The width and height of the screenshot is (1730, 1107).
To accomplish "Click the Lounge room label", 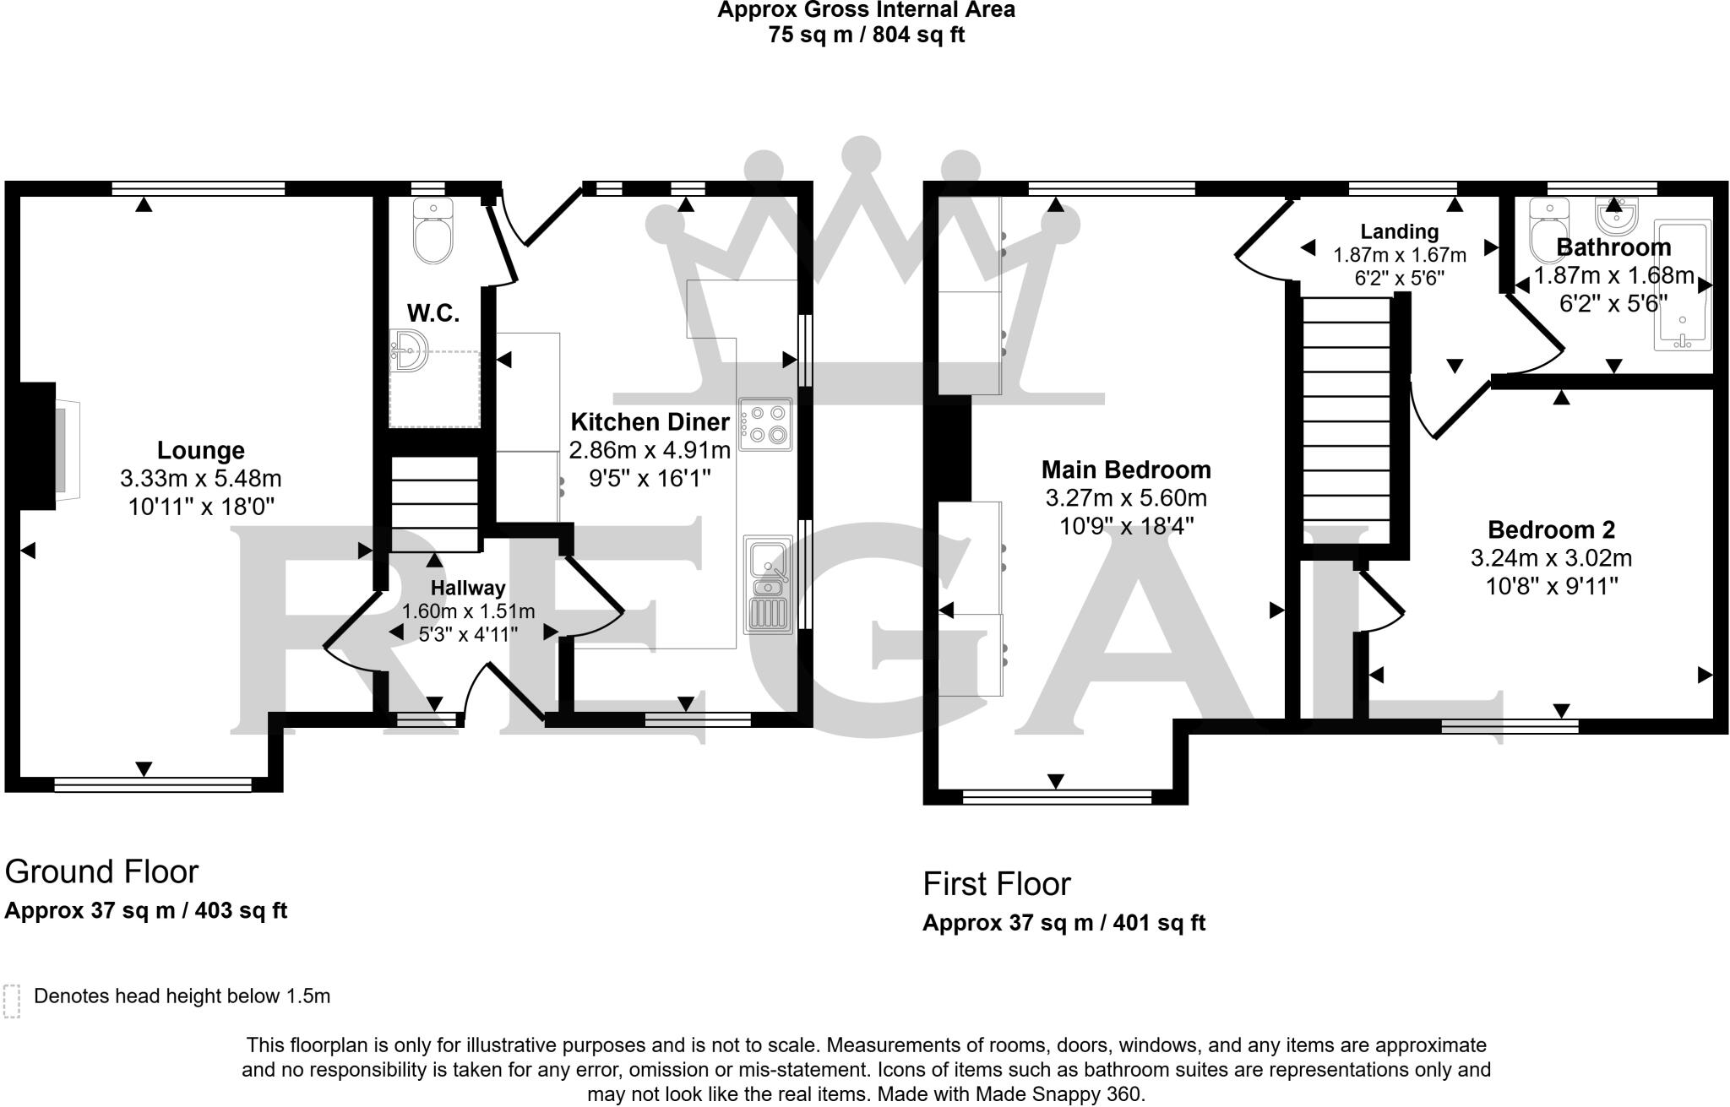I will pyautogui.click(x=200, y=450).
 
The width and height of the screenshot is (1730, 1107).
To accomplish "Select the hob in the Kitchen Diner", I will pyautogui.click(x=765, y=424).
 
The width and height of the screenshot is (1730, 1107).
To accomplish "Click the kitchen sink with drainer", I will pyautogui.click(x=767, y=584).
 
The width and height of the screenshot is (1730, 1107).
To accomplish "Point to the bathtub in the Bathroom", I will pyautogui.click(x=1682, y=285).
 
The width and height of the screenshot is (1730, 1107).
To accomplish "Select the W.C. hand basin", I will pyautogui.click(x=409, y=350).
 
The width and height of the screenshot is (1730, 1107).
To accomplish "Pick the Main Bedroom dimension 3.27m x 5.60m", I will pyautogui.click(x=1126, y=498).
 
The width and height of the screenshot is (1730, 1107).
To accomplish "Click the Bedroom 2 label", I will pyautogui.click(x=1551, y=529).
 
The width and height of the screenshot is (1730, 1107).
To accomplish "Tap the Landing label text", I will pyautogui.click(x=1399, y=231).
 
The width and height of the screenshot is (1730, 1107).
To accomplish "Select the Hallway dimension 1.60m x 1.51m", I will pyautogui.click(x=468, y=611).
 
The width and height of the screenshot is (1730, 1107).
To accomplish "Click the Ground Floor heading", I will pyautogui.click(x=101, y=871).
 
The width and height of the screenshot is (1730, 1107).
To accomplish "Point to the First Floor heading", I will pyautogui.click(x=996, y=884).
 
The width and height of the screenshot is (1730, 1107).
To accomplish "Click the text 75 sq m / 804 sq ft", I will pyautogui.click(x=866, y=35).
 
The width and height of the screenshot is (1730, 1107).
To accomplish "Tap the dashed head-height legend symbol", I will pyautogui.click(x=12, y=1001).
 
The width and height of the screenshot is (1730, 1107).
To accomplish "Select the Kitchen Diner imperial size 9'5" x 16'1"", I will pyautogui.click(x=650, y=479).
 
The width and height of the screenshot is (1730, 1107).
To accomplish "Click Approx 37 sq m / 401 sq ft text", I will pyautogui.click(x=1063, y=923).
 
